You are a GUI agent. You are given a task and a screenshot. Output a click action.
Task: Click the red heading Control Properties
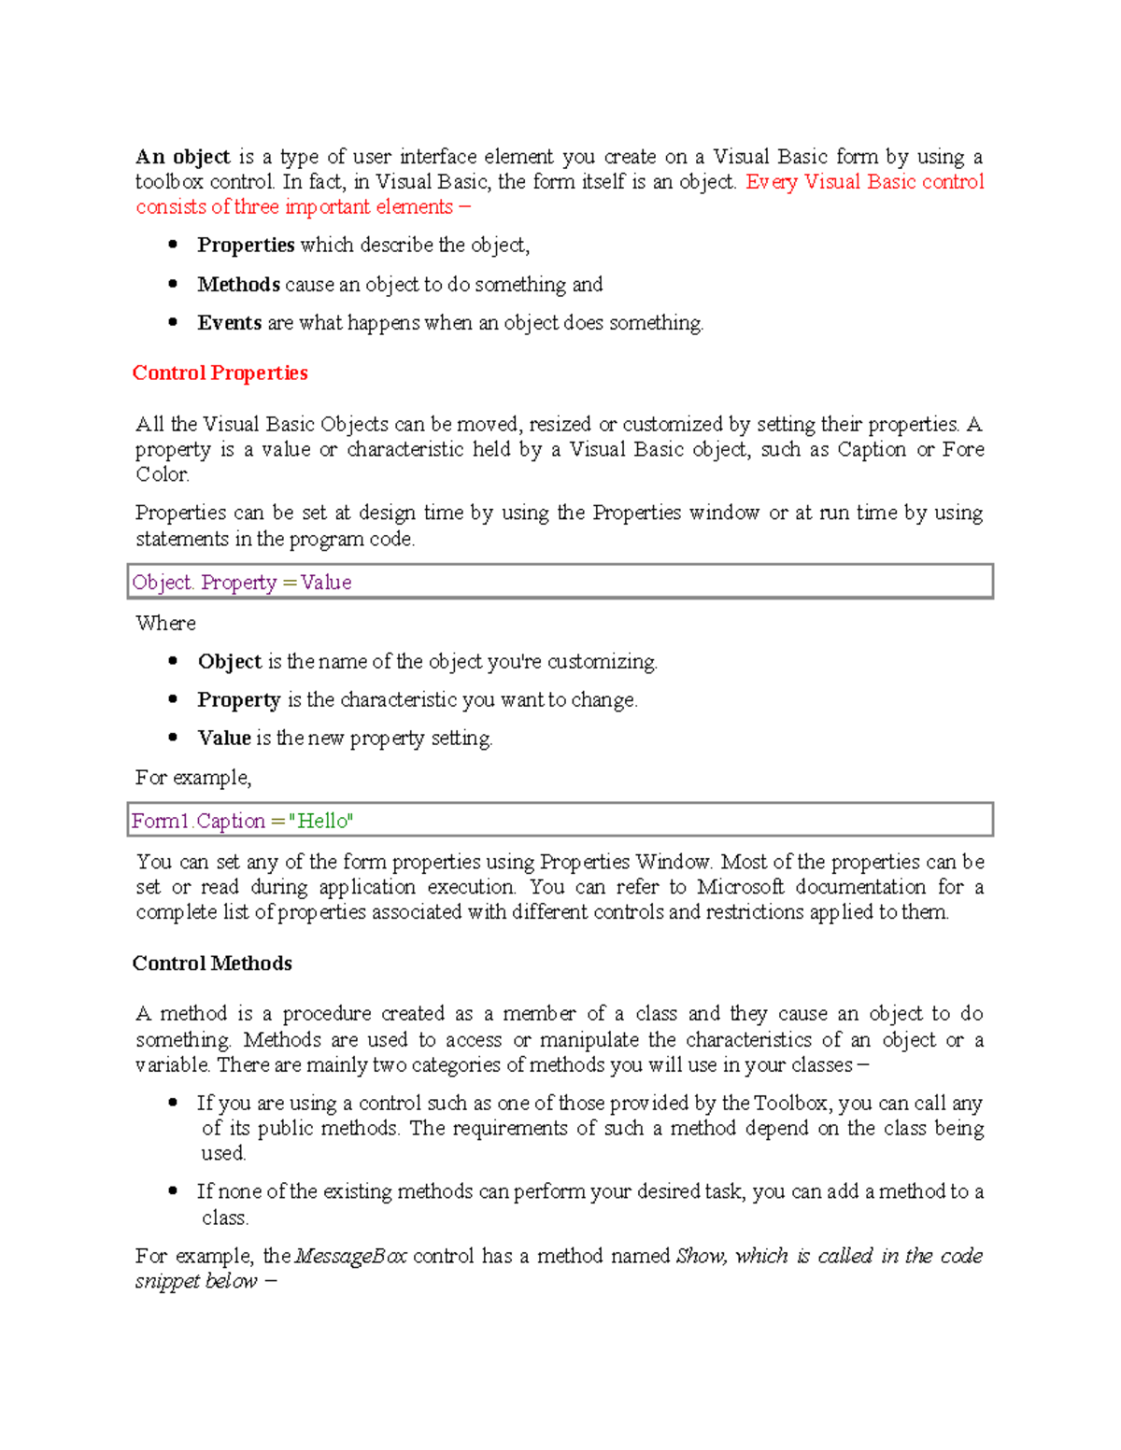[220, 373]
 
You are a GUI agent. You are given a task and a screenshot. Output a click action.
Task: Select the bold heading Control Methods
[212, 964]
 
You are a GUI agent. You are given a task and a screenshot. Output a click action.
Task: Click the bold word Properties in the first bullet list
[246, 246]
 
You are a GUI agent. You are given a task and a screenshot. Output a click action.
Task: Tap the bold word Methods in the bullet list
[238, 285]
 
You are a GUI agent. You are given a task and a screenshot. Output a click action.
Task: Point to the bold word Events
[229, 323]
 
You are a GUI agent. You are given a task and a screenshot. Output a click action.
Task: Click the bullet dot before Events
[173, 322]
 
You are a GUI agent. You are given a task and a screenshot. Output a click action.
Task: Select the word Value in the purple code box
[326, 583]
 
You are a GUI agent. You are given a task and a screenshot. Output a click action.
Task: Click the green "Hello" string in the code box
[321, 822]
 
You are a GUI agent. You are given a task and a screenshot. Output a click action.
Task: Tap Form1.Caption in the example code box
[198, 822]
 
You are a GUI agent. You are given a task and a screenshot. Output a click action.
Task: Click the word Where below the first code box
[165, 624]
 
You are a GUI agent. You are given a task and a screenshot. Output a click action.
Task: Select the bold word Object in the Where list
[229, 662]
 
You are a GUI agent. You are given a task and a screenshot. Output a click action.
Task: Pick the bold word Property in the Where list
[238, 700]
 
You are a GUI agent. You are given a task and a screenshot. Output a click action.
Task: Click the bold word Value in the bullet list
[223, 739]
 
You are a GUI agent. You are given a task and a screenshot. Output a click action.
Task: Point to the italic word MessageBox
[350, 1257]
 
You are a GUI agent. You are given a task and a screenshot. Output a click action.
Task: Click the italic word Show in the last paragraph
[699, 1257]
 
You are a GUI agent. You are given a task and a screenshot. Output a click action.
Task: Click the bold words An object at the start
[182, 157]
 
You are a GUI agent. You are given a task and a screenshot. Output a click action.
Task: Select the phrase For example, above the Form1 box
[193, 778]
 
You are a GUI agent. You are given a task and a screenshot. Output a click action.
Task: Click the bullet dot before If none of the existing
[173, 1191]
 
